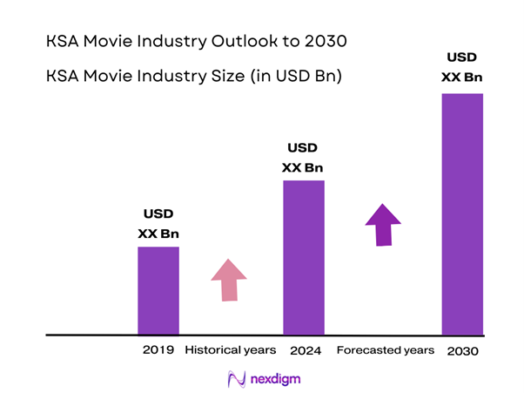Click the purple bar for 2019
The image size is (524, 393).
click(x=158, y=290)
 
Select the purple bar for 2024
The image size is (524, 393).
click(x=304, y=257)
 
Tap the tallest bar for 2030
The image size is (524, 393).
click(x=462, y=213)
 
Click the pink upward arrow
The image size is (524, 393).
click(x=229, y=281)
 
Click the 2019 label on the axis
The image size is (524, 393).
click(x=158, y=350)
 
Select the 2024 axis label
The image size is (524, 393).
click(x=304, y=350)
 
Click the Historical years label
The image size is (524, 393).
click(x=230, y=350)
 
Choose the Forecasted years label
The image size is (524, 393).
click(x=385, y=350)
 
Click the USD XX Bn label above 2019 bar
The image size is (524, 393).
click(x=158, y=223)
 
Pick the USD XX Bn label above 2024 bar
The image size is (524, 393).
click(x=304, y=157)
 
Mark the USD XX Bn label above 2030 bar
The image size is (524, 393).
click(x=462, y=67)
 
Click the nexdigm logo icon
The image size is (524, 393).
click(x=235, y=379)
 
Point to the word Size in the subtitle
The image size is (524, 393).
click(x=222, y=77)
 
